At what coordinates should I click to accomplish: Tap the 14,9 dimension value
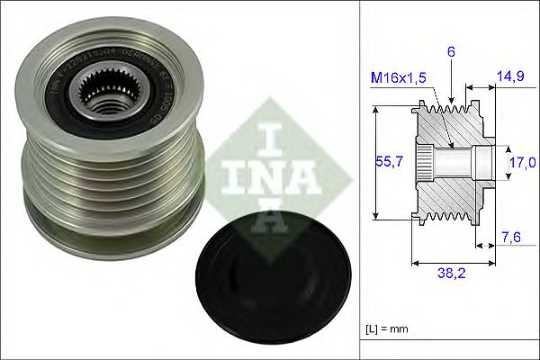point(510,78)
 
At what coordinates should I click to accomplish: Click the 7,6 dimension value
point(511,237)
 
